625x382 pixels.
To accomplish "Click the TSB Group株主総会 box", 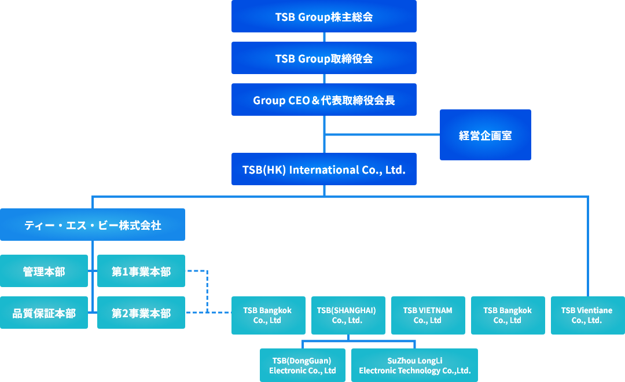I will pyautogui.click(x=324, y=16).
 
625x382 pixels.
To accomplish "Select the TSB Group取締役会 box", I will pyautogui.click(x=324, y=58).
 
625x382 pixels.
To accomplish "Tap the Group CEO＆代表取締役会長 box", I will pyautogui.click(x=324, y=100).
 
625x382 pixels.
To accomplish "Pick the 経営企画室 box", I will pyautogui.click(x=485, y=135).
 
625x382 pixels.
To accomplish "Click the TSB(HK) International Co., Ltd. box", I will pyautogui.click(x=324, y=169).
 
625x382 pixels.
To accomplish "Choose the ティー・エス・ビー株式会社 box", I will pyautogui.click(x=93, y=225).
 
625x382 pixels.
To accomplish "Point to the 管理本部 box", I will pyautogui.click(x=44, y=271).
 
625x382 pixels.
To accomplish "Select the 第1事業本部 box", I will pyautogui.click(x=141, y=271).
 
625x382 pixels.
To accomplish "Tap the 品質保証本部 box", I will pyautogui.click(x=44, y=313).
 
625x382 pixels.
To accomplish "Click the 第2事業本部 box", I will pyautogui.click(x=141, y=313).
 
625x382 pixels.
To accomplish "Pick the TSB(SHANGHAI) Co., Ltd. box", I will pyautogui.click(x=348, y=315).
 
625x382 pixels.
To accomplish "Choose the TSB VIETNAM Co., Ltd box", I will pyautogui.click(x=428, y=315).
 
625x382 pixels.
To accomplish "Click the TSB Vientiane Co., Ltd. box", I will pyautogui.click(x=587, y=315).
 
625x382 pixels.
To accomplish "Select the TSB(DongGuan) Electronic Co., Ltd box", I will pyautogui.click(x=302, y=365).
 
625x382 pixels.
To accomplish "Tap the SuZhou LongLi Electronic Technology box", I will pyautogui.click(x=414, y=365).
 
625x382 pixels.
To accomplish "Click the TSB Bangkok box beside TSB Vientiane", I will pyautogui.click(x=508, y=315).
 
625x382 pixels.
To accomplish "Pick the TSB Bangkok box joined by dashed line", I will pyautogui.click(x=268, y=315).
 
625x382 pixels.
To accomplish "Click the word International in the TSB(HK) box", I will pyautogui.click(x=324, y=170).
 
